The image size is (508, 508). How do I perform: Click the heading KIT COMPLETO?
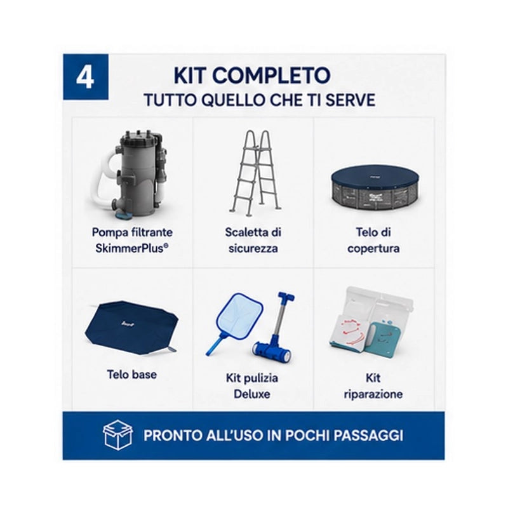pyautogui.click(x=252, y=76)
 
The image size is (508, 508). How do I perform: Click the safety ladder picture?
pyautogui.click(x=253, y=173)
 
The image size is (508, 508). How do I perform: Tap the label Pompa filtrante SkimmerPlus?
pyautogui.click(x=132, y=240)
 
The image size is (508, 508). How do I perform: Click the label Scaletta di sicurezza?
pyautogui.click(x=253, y=240)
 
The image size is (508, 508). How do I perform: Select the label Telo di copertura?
pyautogui.click(x=373, y=240)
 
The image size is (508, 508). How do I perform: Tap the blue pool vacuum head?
pyautogui.click(x=272, y=352)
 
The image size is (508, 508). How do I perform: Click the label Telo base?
pyautogui.click(x=132, y=375)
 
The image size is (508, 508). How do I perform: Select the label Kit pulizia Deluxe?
pyautogui.click(x=252, y=386)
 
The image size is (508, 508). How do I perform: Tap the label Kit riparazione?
pyautogui.click(x=373, y=386)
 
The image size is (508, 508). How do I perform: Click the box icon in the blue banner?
pyautogui.click(x=117, y=435)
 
